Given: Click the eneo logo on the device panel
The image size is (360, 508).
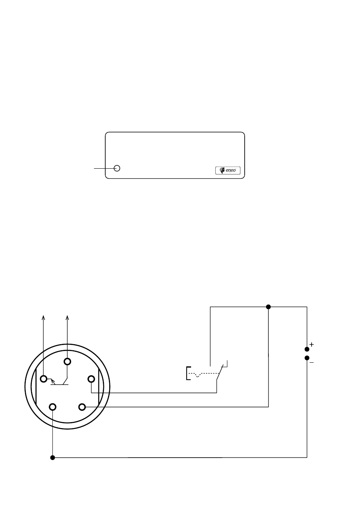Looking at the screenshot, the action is point(228,170).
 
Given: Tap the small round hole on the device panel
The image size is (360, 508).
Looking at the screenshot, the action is point(117,168).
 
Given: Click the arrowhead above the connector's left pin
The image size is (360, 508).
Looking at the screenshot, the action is point(43,318).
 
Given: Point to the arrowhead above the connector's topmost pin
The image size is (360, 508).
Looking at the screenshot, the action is point(67,318).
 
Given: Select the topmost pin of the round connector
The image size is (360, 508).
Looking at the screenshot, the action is point(67,362).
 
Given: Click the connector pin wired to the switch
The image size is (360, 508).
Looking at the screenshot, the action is point(91,379).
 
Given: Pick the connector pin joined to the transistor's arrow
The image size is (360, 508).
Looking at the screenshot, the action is point(44,379).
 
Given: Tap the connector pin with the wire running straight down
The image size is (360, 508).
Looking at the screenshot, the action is point(52,407).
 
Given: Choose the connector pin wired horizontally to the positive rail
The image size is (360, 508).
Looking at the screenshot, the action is point(82,407).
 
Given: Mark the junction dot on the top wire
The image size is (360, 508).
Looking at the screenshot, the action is point(268,307).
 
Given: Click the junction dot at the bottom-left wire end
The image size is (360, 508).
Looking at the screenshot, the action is point(52,458).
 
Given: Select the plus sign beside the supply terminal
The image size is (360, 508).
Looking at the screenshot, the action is point(312,345).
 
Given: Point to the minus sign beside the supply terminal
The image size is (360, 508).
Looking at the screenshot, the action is point(312,363).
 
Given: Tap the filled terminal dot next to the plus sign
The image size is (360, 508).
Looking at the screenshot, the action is point(307,349).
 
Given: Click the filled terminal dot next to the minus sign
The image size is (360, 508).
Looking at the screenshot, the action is point(307,358).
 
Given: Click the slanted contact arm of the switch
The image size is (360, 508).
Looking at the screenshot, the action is point(220,372).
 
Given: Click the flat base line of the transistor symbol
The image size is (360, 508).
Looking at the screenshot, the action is point(59,385).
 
